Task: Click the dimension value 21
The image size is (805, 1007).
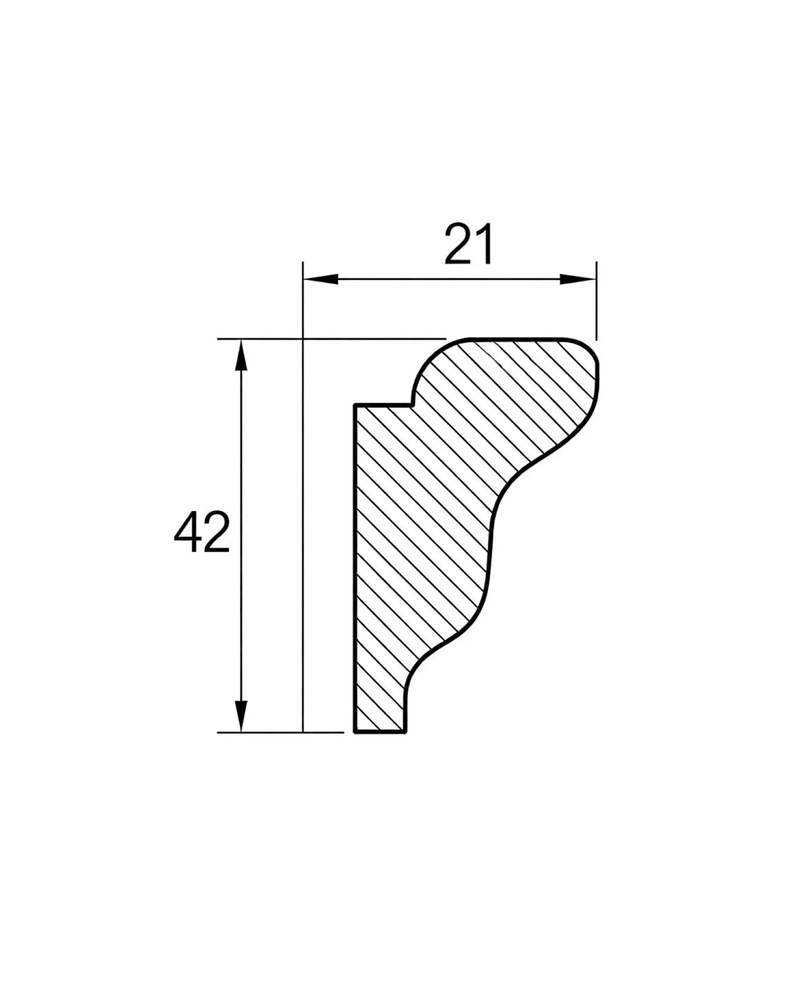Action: pyautogui.click(x=468, y=244)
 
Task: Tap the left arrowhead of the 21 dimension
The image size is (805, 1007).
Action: pyautogui.click(x=320, y=280)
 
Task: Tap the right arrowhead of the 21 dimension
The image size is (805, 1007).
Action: pyautogui.click(x=579, y=280)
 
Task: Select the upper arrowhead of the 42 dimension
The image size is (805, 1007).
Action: pyautogui.click(x=240, y=356)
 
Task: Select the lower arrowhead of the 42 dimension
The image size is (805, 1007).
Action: pyautogui.click(x=240, y=716)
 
